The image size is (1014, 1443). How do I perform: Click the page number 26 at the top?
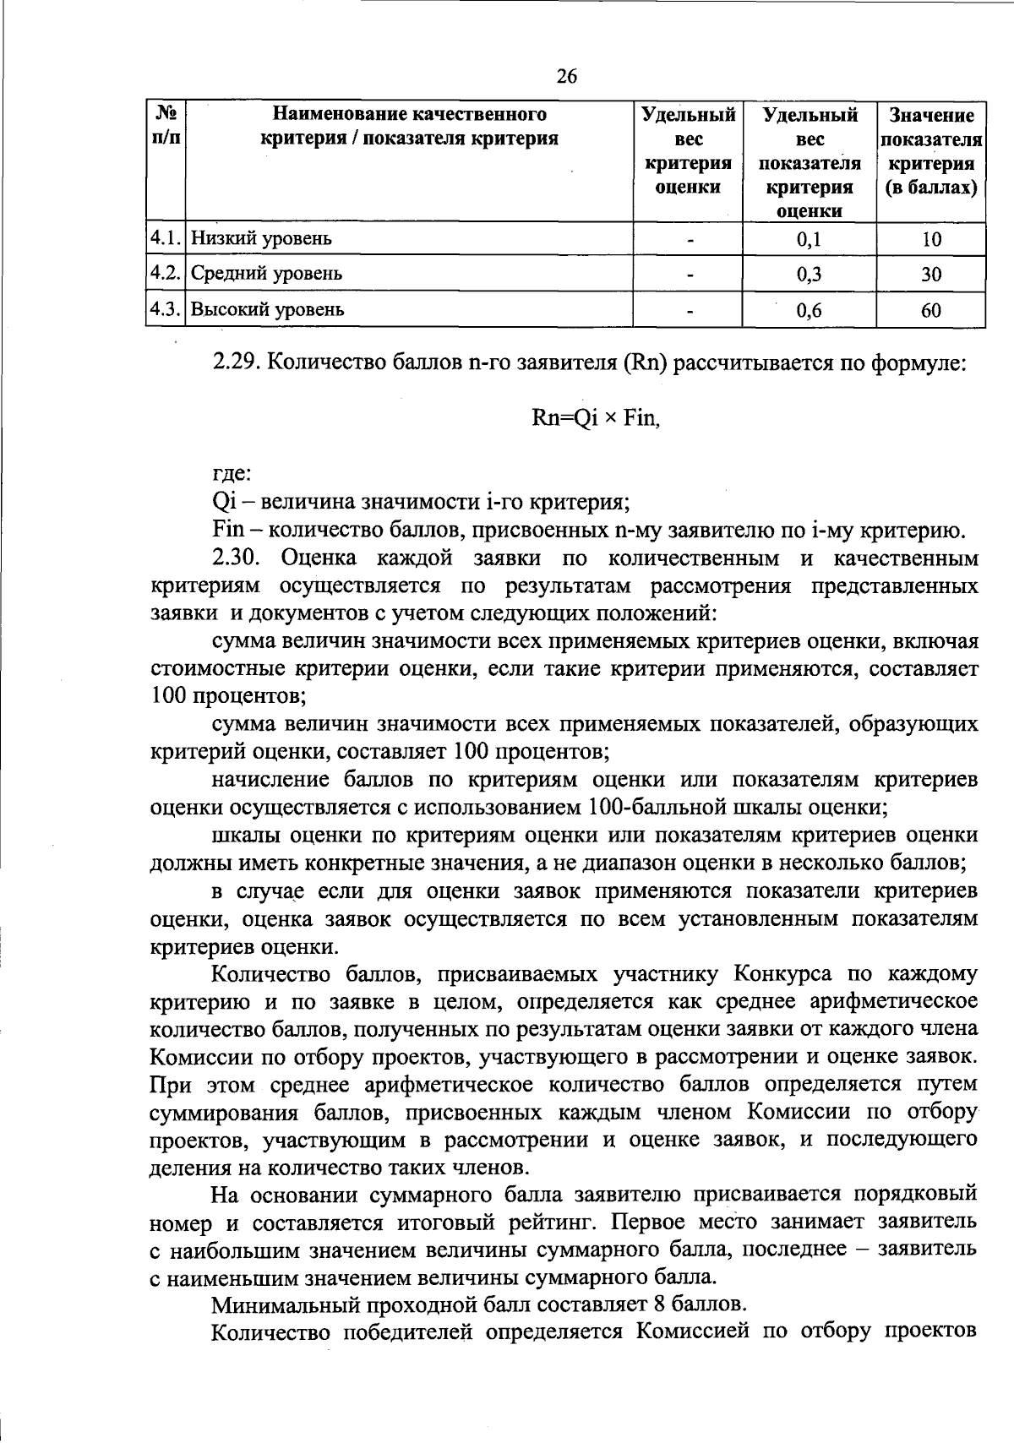[567, 78]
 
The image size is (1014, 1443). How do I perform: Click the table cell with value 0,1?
[809, 240]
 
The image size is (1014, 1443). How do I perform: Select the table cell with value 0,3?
[809, 275]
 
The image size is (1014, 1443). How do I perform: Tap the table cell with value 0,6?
[809, 310]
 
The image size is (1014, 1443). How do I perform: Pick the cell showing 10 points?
[930, 240]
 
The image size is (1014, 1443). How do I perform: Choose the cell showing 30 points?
[930, 275]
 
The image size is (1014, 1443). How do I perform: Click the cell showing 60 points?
[930, 310]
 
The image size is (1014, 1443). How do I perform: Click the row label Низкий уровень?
[261, 239]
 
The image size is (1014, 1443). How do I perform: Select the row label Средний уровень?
[266, 274]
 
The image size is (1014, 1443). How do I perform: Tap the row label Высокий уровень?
[268, 309]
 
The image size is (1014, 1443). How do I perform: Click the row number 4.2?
[166, 274]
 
